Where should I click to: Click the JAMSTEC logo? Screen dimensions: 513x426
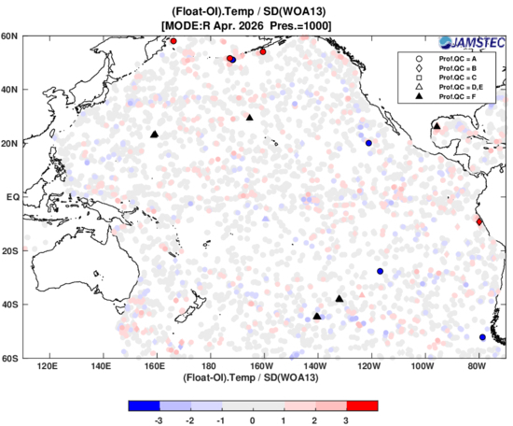pyautogui.click(x=472, y=43)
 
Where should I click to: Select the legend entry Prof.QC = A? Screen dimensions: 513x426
pyautogui.click(x=447, y=59)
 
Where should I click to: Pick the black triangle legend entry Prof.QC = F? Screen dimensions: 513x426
pyautogui.click(x=447, y=96)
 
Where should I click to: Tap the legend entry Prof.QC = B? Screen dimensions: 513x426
pyautogui.click(x=447, y=68)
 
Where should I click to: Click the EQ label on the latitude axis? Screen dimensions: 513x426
pyautogui.click(x=13, y=197)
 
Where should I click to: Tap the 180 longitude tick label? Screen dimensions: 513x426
pyautogui.click(x=209, y=365)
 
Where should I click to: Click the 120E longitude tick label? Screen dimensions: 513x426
pyautogui.click(x=48, y=365)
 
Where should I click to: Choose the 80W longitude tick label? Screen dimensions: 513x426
pyautogui.click(x=477, y=365)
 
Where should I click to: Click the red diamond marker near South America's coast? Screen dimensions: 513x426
pyautogui.click(x=479, y=221)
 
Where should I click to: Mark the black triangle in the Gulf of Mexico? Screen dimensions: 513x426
pyautogui.click(x=437, y=126)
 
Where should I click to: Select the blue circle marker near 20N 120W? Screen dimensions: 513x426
pyautogui.click(x=368, y=143)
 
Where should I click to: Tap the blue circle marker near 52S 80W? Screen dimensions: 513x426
pyautogui.click(x=482, y=337)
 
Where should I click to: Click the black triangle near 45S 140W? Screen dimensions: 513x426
pyautogui.click(x=317, y=316)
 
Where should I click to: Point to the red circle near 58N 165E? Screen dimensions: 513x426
pyautogui.click(x=173, y=41)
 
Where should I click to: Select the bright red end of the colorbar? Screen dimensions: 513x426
pyautogui.click(x=363, y=405)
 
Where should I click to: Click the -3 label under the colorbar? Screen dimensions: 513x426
pyautogui.click(x=159, y=420)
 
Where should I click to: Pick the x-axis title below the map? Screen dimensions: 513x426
pyautogui.click(x=251, y=377)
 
